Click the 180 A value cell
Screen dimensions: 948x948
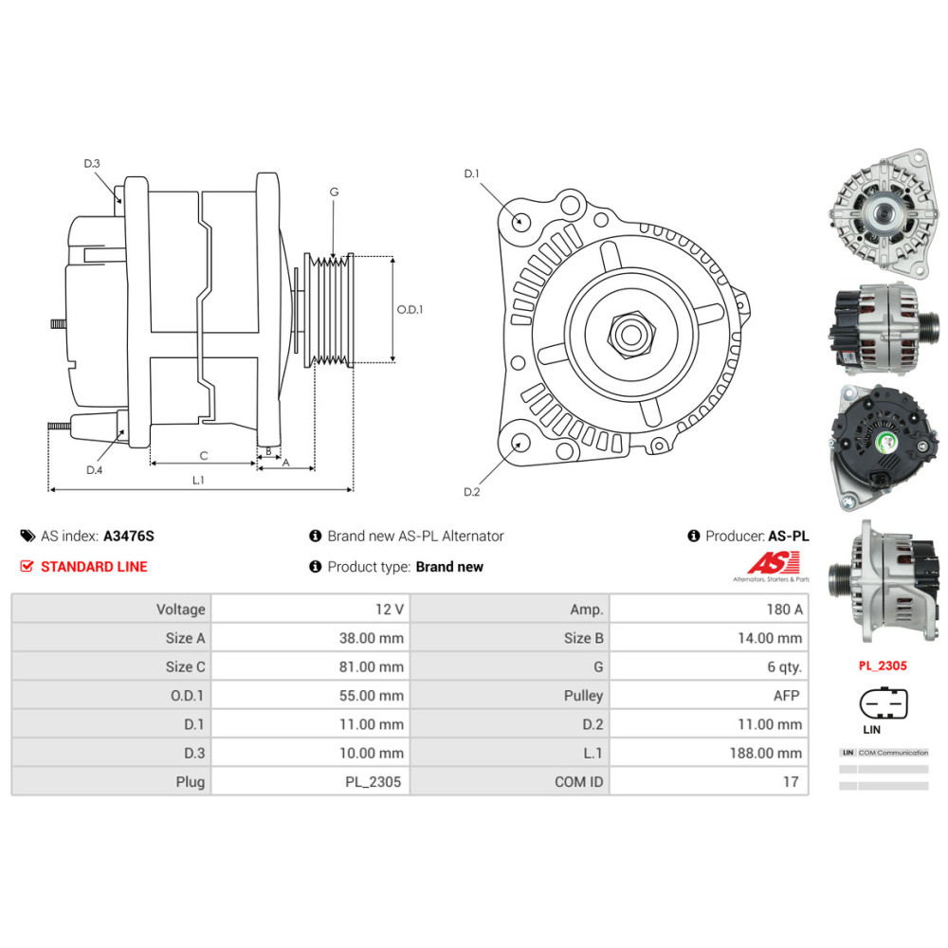click(784, 609)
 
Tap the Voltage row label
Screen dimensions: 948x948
click(180, 609)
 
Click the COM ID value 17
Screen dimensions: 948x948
click(791, 782)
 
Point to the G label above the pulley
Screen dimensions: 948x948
click(334, 191)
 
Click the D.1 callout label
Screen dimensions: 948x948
click(471, 173)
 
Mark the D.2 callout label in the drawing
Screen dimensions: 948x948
click(471, 491)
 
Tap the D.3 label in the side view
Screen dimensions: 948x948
click(91, 164)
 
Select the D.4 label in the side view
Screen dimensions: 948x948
click(94, 470)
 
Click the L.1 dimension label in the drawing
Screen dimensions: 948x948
click(198, 481)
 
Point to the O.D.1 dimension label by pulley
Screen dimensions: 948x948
click(410, 309)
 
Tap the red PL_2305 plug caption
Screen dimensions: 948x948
click(883, 665)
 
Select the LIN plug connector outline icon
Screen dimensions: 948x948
click(883, 704)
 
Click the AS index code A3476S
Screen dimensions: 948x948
click(128, 536)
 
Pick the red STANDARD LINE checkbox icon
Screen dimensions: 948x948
click(27, 567)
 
